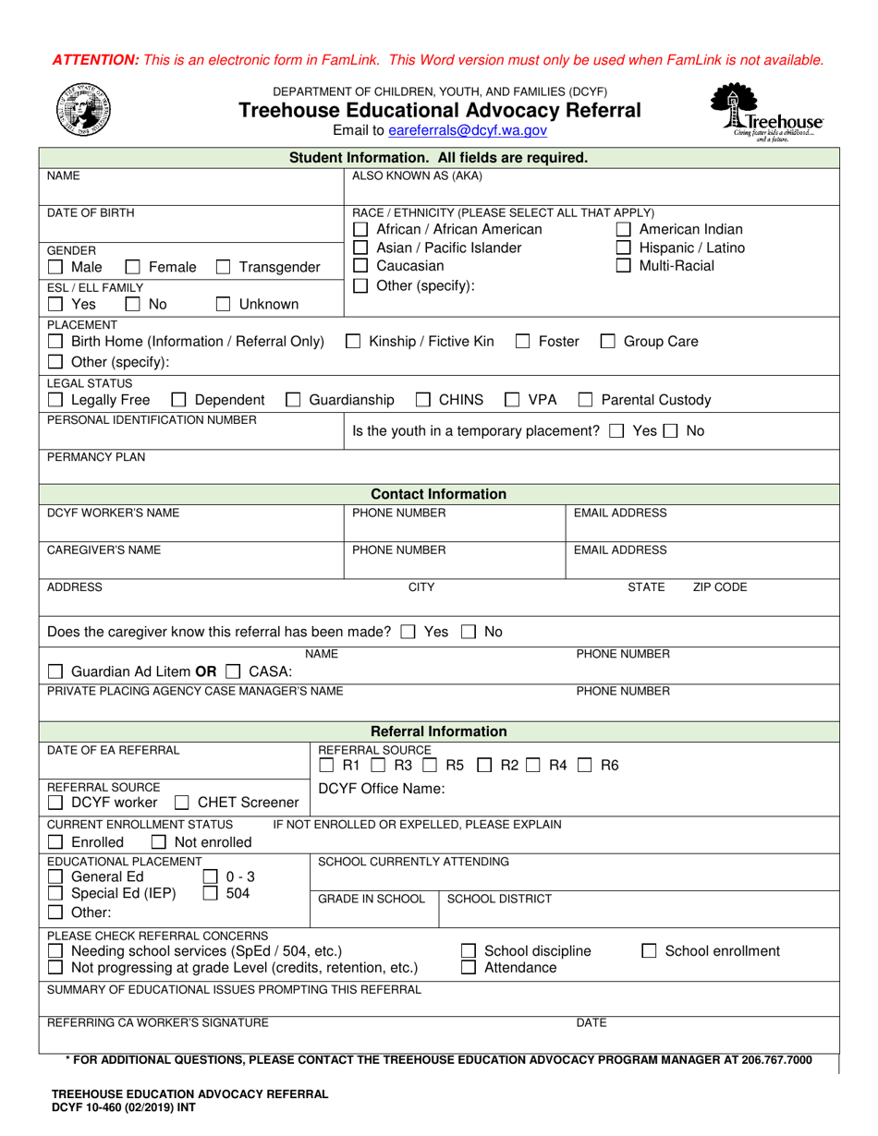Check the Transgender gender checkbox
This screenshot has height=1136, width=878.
coord(223,268)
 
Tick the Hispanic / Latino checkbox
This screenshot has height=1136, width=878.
coord(624,248)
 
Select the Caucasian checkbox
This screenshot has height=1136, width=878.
coord(361,266)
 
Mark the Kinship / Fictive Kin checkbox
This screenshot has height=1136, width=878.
coord(353,342)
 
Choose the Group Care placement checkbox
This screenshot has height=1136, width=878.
coord(607,342)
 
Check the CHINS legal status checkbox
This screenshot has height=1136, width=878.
coord(422,400)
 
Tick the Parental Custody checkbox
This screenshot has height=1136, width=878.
coord(585,400)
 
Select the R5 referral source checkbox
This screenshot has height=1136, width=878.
coord(430,766)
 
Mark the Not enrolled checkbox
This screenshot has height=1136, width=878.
coord(158,842)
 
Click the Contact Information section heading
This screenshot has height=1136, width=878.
coord(439,494)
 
